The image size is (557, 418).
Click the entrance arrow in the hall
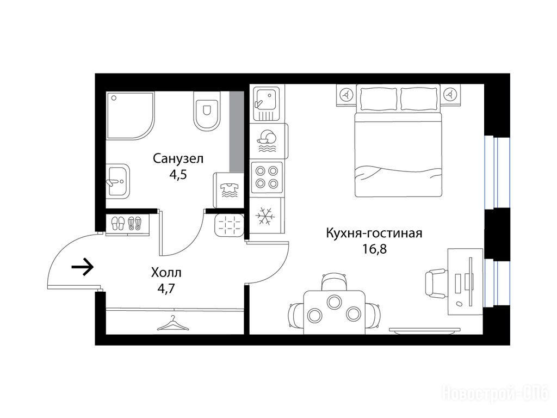click(x=83, y=267)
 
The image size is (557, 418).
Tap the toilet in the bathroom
click(x=206, y=110)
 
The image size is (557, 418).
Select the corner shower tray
click(x=131, y=115)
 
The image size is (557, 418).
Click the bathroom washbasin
click(x=118, y=181)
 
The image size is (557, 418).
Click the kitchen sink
click(x=267, y=103)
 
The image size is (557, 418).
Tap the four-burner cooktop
click(x=267, y=177)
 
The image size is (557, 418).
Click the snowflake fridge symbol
click(x=265, y=216)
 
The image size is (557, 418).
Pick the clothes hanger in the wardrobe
click(x=172, y=323)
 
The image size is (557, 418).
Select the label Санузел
click(x=178, y=158)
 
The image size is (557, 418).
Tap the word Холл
click(x=166, y=273)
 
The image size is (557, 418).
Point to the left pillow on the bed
click(x=378, y=99)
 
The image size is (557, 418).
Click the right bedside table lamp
click(x=451, y=95)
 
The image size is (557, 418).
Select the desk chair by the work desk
click(x=436, y=283)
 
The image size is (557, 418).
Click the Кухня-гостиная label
click(x=374, y=233)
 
